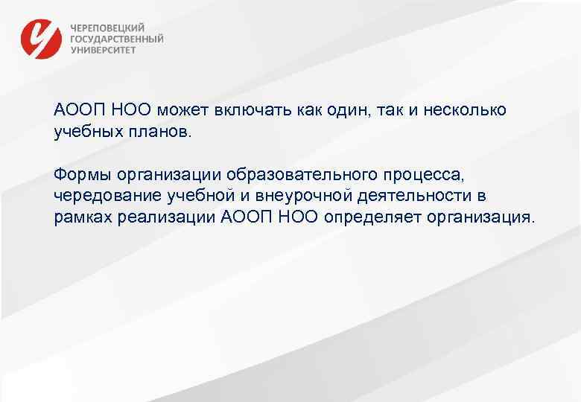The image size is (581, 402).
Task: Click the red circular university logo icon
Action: click(42, 38)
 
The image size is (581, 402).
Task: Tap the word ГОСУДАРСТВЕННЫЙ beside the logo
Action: click(117, 39)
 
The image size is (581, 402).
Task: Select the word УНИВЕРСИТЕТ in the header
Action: click(104, 51)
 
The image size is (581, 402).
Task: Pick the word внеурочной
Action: click(290, 197)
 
